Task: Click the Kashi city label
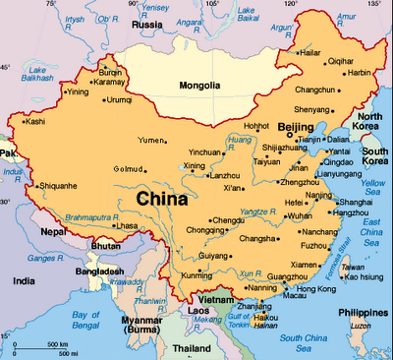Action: pos(35,122)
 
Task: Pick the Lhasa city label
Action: pos(127,225)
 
